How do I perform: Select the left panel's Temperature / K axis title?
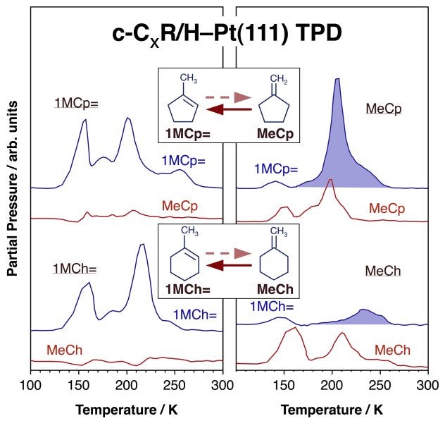[x=127, y=409]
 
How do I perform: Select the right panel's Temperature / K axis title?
[x=332, y=409]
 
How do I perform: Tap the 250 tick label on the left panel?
[x=175, y=385]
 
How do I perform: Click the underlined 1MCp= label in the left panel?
[x=76, y=103]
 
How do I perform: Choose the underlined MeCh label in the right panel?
[x=383, y=271]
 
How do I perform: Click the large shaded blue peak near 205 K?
[x=337, y=141]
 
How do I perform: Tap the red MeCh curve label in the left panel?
[x=64, y=349]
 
